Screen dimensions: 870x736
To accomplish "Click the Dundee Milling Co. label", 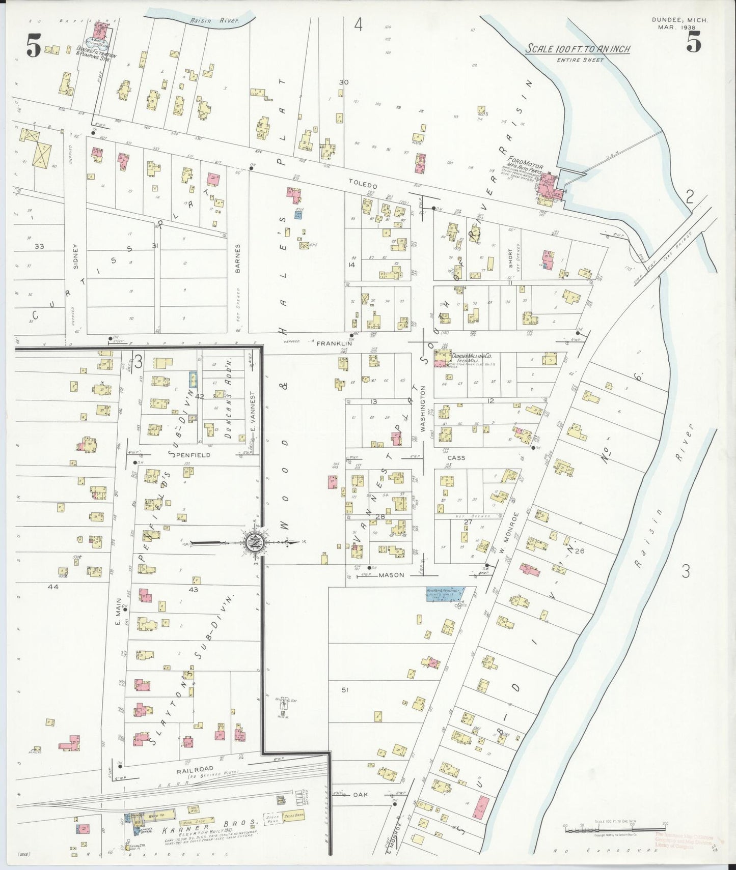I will point(471,357).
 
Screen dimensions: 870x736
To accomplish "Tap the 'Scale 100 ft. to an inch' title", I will point(578,49).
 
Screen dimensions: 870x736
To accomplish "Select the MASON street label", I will point(391,575).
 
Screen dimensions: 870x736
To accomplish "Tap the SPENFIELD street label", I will point(193,454).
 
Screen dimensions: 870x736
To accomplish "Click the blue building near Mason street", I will point(445,594).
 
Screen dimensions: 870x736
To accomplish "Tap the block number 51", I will point(345,689).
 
